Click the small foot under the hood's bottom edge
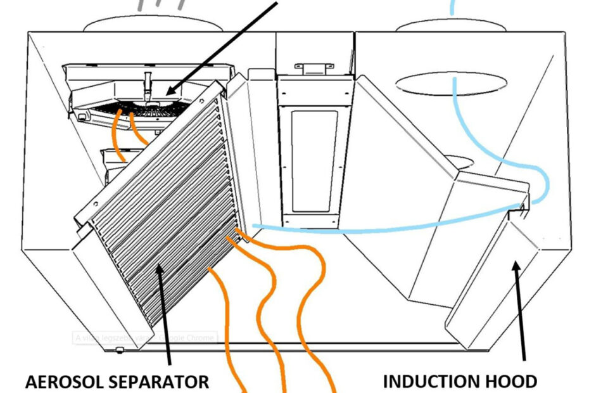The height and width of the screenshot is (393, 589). pos(119,349)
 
